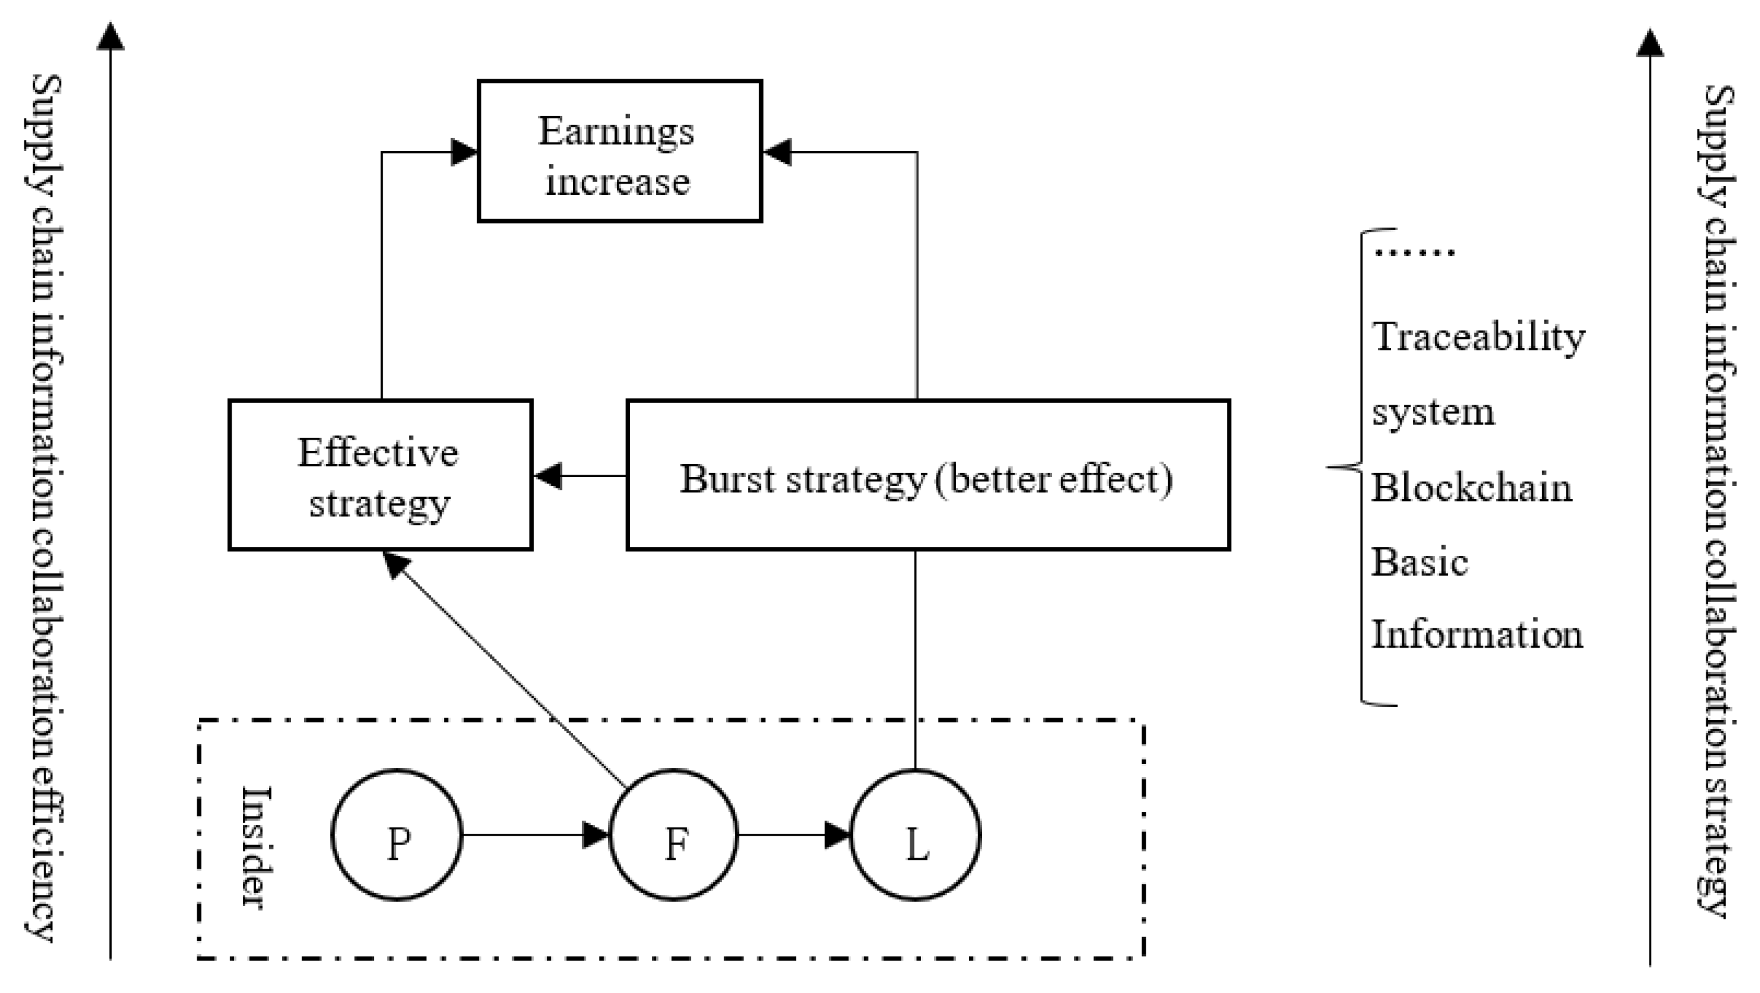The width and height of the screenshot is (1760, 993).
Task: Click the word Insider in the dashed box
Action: pyautogui.click(x=258, y=847)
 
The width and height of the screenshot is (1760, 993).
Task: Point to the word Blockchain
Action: pyautogui.click(x=1472, y=488)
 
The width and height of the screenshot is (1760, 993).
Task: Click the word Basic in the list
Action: pyautogui.click(x=1420, y=563)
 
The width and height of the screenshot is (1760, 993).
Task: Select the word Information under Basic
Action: pyautogui.click(x=1477, y=634)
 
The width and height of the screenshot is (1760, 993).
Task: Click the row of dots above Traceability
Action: pyautogui.click(x=1415, y=252)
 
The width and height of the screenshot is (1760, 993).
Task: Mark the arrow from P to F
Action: pyautogui.click(x=535, y=834)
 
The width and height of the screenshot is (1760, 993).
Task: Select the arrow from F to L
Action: pyautogui.click(x=795, y=834)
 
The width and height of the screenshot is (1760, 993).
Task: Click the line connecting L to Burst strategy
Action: pyautogui.click(x=915, y=660)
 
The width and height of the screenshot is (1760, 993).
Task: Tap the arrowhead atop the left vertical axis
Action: pyautogui.click(x=110, y=36)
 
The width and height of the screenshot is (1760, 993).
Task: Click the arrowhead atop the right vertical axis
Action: pyautogui.click(x=1650, y=42)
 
